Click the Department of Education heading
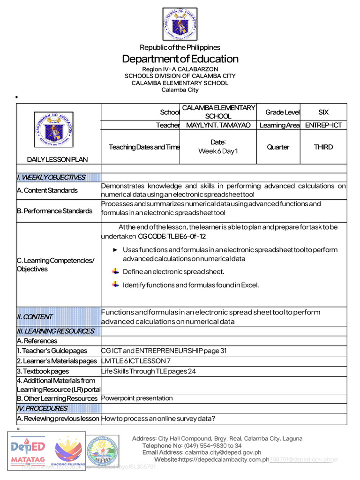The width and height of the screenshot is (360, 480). pos(180,59)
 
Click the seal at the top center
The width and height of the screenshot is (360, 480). pos(180,24)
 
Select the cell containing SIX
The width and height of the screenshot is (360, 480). pos(323,112)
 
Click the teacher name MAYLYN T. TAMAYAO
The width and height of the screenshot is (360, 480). pos(218,126)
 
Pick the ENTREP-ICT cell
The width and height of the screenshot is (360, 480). pos(323,126)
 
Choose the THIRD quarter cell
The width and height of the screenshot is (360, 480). pos(323,147)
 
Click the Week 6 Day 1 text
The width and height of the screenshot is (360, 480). pos(218,151)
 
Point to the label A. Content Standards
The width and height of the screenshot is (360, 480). pos(47,191)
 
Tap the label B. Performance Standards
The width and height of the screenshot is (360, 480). pos(54,211)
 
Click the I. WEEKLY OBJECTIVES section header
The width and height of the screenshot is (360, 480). pos(51,177)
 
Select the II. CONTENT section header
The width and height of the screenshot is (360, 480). pos(35,317)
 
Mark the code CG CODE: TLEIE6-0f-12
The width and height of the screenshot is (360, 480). pos(172,236)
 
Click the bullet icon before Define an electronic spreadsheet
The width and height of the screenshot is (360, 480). pos(116,271)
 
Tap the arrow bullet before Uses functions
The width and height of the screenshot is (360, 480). pos(115,250)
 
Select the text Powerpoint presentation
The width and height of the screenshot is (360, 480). pos(137,398)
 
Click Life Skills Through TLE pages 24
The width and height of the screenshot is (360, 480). pos(149,371)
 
